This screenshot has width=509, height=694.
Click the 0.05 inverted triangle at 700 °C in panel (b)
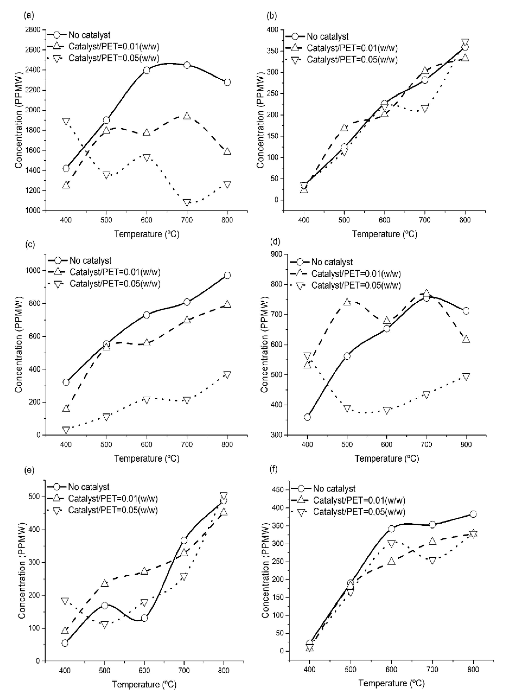425,109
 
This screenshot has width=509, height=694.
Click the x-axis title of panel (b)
385,234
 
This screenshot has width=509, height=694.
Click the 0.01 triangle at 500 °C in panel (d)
347,302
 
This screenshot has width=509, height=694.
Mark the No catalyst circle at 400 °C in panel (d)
307,417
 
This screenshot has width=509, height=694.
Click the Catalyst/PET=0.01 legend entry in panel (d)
356,274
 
